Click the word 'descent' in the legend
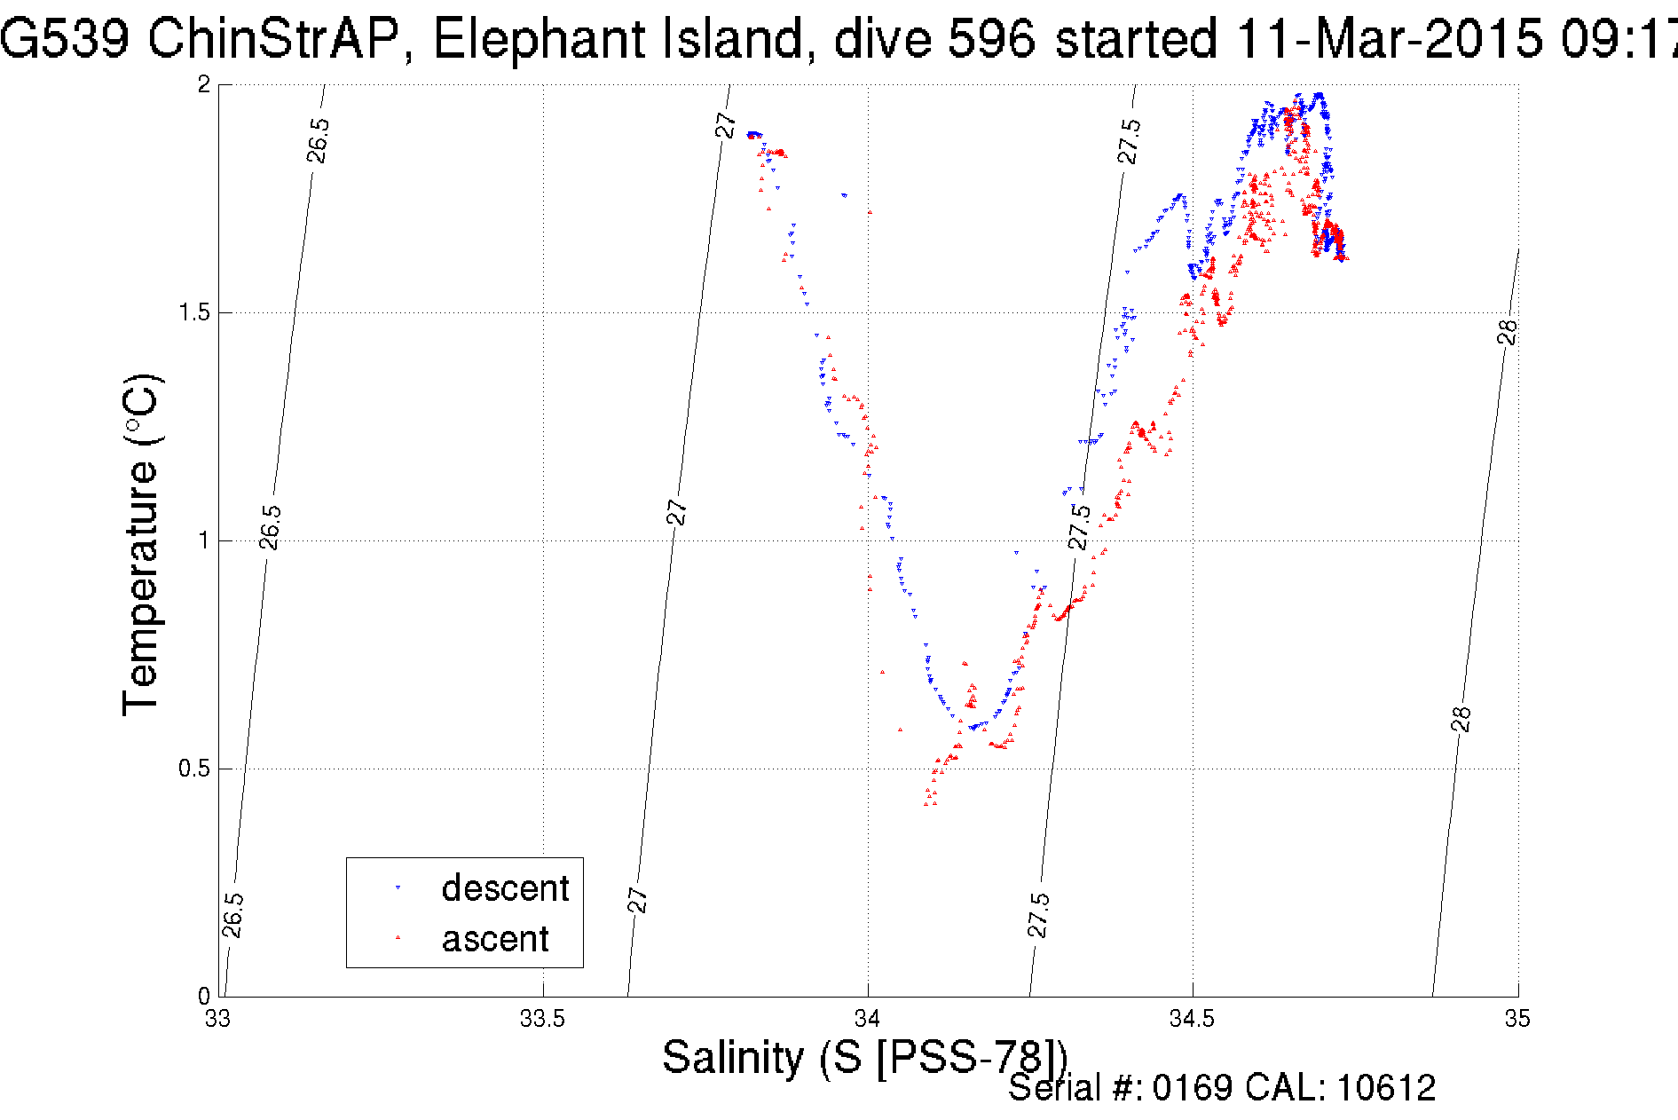click(x=505, y=888)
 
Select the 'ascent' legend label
click(x=495, y=939)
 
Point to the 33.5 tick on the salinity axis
click(x=542, y=1019)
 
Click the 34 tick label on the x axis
click(x=868, y=1019)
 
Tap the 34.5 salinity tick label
click(x=1192, y=1019)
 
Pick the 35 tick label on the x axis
click(x=1517, y=1019)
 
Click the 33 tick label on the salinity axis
click(x=218, y=1019)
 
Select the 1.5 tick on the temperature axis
click(x=194, y=312)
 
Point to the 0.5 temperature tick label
click(x=194, y=769)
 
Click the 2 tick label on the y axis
click(x=204, y=85)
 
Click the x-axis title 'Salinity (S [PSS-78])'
click(x=864, y=1058)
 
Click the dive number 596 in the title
click(x=991, y=40)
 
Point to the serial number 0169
click(x=1192, y=1088)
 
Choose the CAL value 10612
click(x=1385, y=1088)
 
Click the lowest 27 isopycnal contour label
click(x=638, y=900)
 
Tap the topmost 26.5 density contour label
click(x=318, y=140)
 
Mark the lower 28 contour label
click(x=1461, y=719)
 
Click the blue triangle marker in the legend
click(x=398, y=887)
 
